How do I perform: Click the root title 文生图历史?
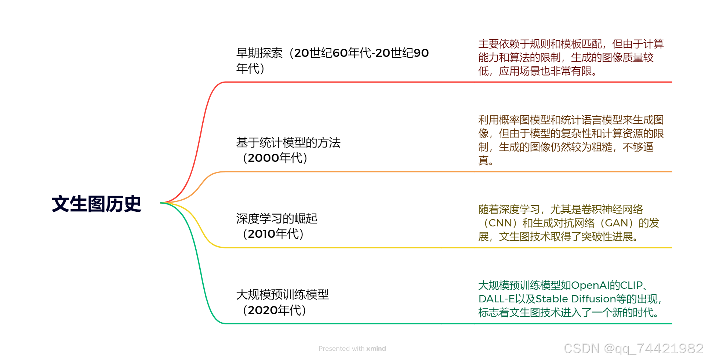pos(97,204)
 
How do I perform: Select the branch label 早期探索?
pos(259,53)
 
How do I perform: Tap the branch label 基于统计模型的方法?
pos(288,143)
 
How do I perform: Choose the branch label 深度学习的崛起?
pos(277,219)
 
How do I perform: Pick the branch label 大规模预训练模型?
pos(282,294)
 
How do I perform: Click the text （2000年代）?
pos(275,158)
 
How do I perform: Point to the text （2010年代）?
pos(273,234)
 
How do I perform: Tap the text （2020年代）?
pos(274,310)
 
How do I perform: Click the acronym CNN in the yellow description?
pos(500,223)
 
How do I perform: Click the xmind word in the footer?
pos(376,349)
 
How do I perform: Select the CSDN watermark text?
pos(633,349)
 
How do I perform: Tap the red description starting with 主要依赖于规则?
pos(571,58)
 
